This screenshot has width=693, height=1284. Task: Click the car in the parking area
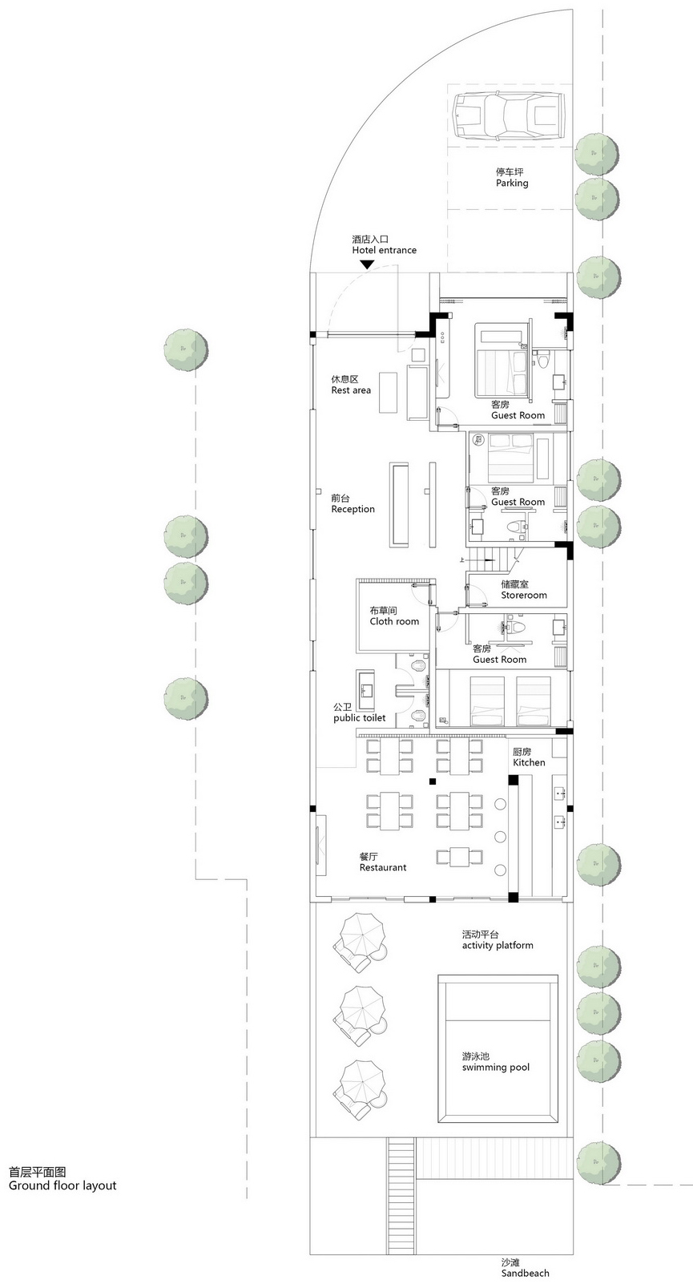click(x=508, y=117)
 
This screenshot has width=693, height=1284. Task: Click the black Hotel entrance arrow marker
click(x=366, y=264)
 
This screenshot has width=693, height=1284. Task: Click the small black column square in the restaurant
click(x=432, y=781)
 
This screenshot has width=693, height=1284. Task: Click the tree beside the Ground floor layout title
click(x=598, y=1161)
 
